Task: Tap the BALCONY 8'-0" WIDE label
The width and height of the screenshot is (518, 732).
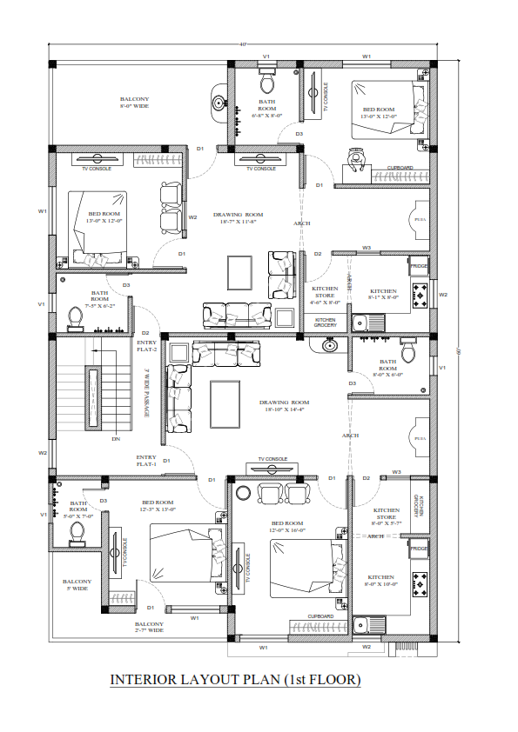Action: [134, 103]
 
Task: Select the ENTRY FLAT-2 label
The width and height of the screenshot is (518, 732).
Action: [145, 345]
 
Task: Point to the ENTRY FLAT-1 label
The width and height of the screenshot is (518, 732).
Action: [145, 461]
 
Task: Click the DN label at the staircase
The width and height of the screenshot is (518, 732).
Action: [116, 439]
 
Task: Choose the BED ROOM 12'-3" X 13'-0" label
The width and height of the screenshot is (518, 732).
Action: [158, 507]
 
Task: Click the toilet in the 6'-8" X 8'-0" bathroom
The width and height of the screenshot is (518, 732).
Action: [267, 85]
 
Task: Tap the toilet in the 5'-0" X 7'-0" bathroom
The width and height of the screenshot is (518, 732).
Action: [77, 531]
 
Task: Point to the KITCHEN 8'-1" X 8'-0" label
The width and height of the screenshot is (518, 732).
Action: [383, 295]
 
